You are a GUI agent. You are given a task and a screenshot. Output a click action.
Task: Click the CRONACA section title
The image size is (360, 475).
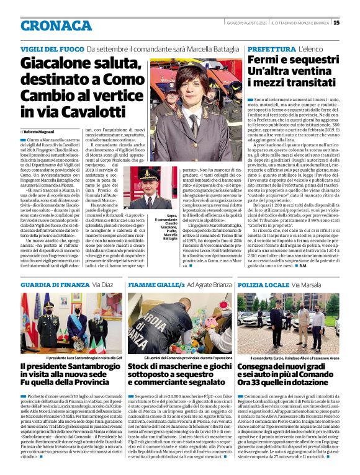(56, 25)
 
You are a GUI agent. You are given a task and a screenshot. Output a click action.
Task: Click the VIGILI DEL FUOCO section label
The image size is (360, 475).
(52, 49)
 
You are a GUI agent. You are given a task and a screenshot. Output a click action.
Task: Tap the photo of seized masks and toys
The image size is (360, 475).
(179, 324)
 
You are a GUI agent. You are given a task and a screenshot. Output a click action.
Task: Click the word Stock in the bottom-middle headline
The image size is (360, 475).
(141, 367)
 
